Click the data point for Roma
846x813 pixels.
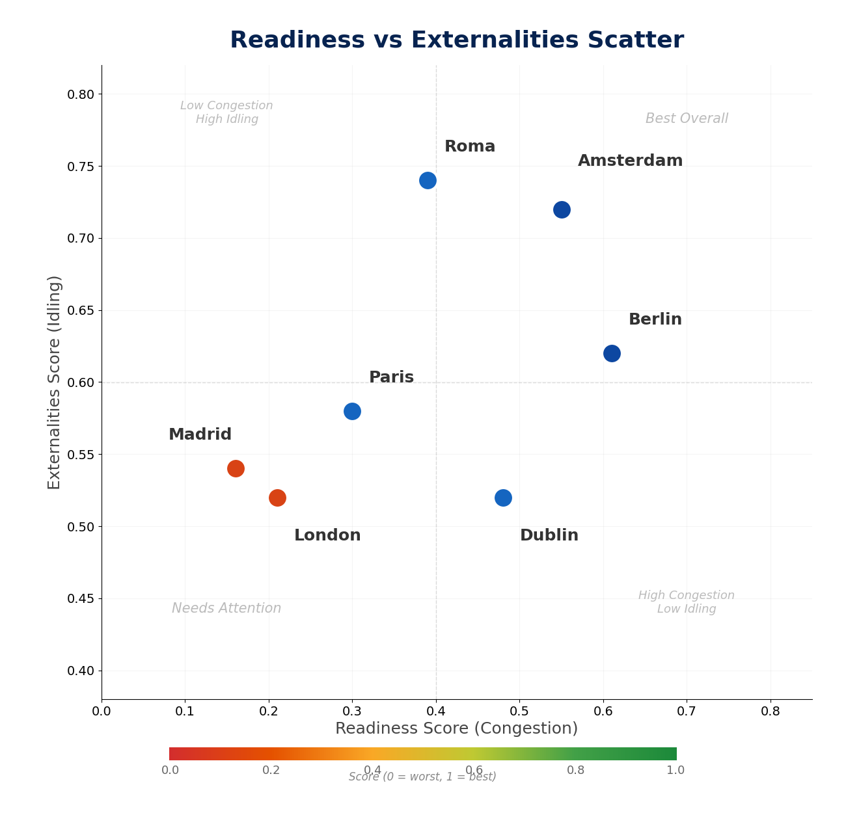428,180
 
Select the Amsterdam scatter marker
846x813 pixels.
562,209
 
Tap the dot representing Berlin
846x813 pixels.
612,353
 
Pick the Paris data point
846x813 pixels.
352,411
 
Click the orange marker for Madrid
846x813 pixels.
236,468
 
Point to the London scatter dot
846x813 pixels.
277,498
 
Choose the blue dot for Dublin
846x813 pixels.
503,498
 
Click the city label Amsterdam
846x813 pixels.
630,161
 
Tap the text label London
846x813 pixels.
327,535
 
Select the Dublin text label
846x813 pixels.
549,535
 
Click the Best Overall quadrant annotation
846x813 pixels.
687,118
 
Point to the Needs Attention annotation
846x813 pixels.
226,608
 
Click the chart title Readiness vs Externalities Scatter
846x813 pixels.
457,40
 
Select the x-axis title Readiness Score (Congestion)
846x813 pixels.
456,728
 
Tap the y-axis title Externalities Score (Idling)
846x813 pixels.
55,382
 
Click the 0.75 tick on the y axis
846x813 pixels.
81,167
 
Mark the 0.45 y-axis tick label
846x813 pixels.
81,598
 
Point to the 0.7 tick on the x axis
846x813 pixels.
687,711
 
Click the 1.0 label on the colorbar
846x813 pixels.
675,770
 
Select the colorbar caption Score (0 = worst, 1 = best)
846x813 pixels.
422,777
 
